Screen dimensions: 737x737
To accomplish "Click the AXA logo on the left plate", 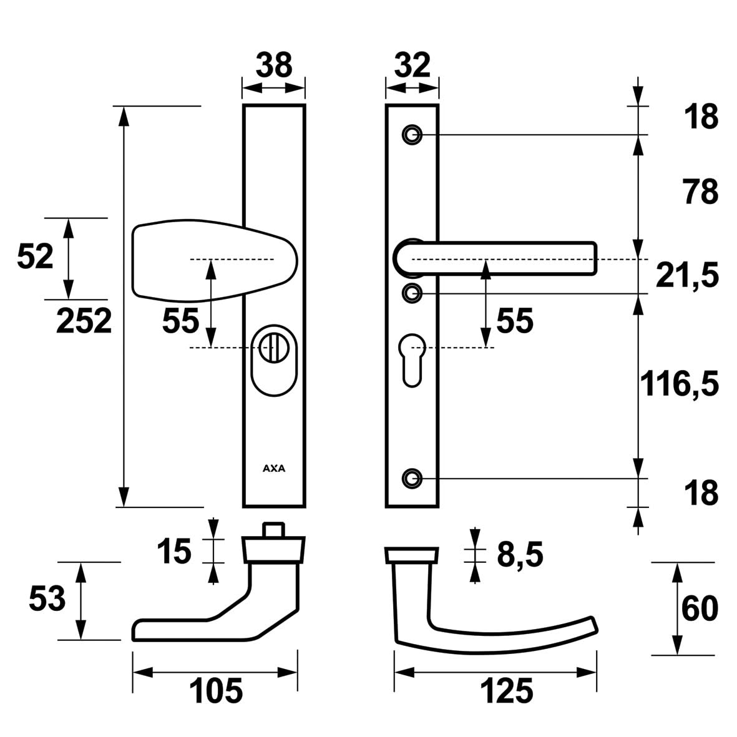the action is tap(274, 469).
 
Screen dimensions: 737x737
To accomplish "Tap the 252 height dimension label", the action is tap(84, 321).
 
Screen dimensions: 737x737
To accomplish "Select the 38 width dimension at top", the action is tap(274, 65).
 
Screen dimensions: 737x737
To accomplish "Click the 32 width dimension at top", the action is tap(412, 65).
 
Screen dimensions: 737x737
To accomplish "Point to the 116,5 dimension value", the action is tap(680, 383).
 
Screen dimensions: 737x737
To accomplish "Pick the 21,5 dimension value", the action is tap(687, 275).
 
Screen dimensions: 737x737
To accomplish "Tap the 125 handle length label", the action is tap(507, 691).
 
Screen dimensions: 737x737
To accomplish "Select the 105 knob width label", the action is tap(216, 691).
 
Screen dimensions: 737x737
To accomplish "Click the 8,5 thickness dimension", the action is tap(520, 554).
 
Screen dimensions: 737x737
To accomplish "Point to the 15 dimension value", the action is tap(174, 551).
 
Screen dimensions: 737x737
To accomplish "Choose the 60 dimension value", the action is tap(700, 608).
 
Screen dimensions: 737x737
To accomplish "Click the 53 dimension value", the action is tap(47, 599).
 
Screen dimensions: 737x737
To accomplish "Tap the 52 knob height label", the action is tap(35, 256).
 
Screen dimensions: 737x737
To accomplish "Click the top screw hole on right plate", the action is tap(412, 135).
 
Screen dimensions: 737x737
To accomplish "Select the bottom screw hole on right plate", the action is tap(412, 479).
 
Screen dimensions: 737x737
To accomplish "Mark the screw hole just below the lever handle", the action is tap(412, 293).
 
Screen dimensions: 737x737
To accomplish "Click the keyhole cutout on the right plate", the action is tap(412, 360).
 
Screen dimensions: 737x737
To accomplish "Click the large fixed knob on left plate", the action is tap(215, 260).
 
